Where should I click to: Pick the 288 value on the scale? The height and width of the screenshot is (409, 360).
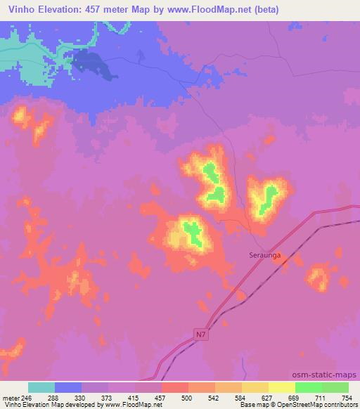(x=53, y=397)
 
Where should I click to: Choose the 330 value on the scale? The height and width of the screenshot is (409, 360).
(x=80, y=397)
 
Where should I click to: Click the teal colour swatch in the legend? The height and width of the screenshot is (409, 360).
(x=41, y=387)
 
